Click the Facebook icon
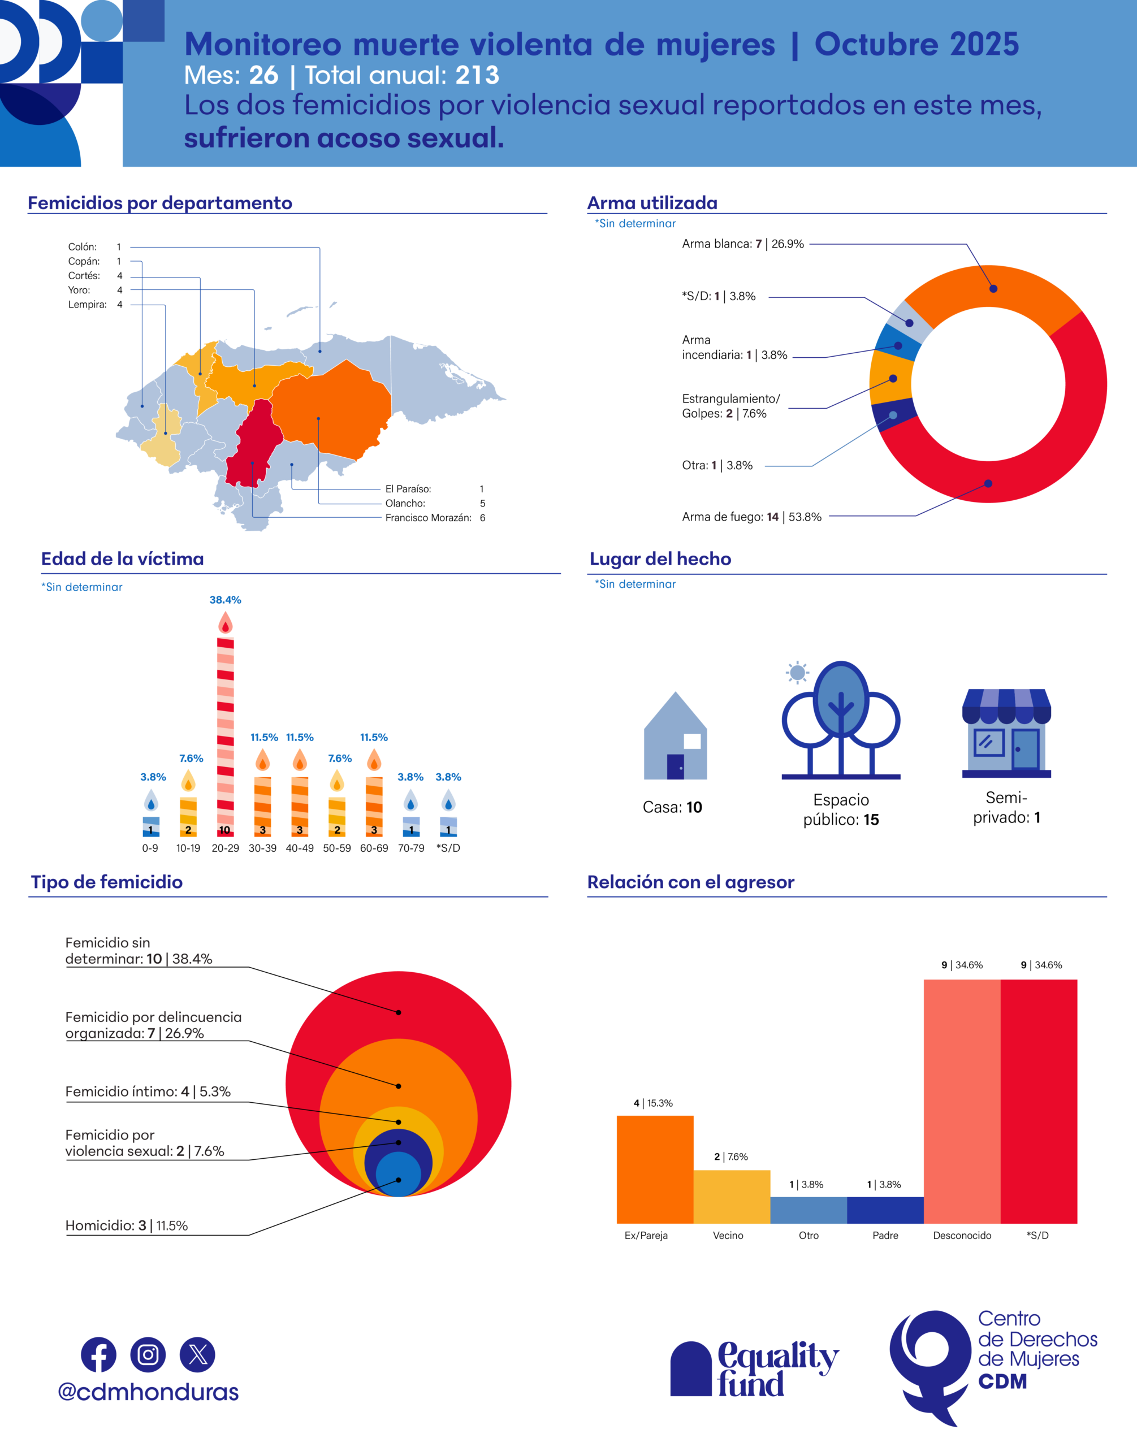coord(98,1354)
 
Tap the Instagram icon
coord(148,1354)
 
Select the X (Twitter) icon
coord(198,1354)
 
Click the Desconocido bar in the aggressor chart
coord(962,1101)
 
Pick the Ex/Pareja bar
coord(655,1169)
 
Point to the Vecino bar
coord(732,1196)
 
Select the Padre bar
coord(885,1210)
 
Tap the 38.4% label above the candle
coord(226,600)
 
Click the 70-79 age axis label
coord(410,848)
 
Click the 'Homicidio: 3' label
coord(127,1225)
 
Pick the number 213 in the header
coord(477,75)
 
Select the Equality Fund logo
coord(754,1369)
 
